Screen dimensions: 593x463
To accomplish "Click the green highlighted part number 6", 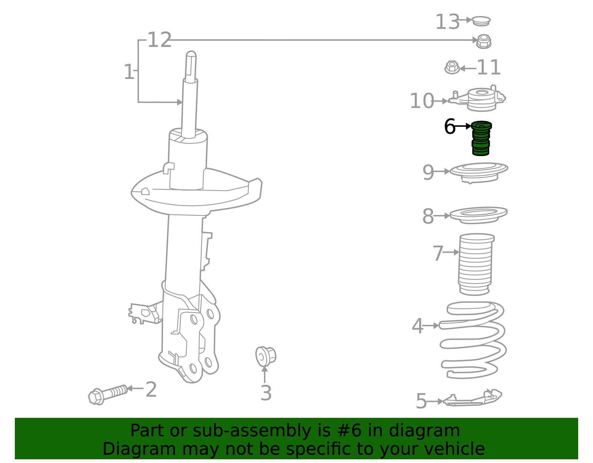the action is pos(481,138).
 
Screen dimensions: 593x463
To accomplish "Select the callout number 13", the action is pos(447,22).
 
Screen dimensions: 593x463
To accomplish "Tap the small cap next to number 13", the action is pos(481,21).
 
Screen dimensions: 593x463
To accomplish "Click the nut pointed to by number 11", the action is pos(452,67).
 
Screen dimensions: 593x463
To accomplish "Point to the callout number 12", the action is pos(160,40).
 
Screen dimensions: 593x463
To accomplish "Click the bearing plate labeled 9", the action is pos(479,173).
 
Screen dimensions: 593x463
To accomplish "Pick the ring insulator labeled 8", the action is pos(478,215).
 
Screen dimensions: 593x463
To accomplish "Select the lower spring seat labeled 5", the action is pos(473,398).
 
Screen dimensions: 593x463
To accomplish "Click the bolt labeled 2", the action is pos(108,394).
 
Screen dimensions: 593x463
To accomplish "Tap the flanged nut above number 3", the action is pos(265,356).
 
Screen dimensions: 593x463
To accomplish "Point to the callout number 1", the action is pos(129,72).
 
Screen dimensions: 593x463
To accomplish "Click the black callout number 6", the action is pos(450,126).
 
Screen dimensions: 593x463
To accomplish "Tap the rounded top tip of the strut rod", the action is pos(191,53).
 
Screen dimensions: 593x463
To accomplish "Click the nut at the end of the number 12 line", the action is pos(484,42).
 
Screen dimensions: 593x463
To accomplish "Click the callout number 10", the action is pos(422,101).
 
